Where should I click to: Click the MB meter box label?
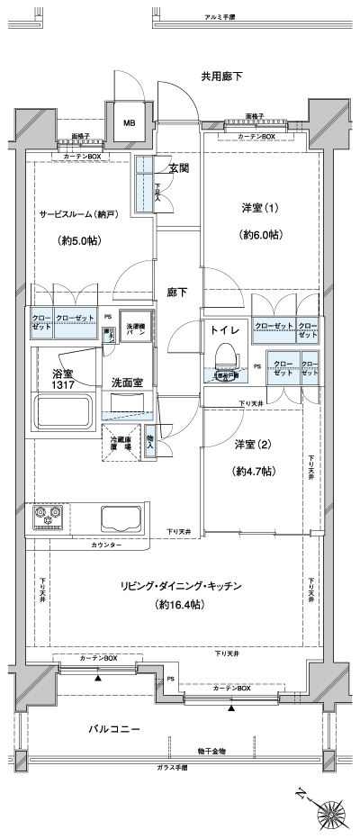(130, 123)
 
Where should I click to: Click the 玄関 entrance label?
(177, 167)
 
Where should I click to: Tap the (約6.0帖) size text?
(262, 234)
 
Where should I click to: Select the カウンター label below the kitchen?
(106, 545)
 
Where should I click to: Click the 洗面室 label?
(127, 383)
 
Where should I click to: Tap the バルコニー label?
(114, 727)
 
